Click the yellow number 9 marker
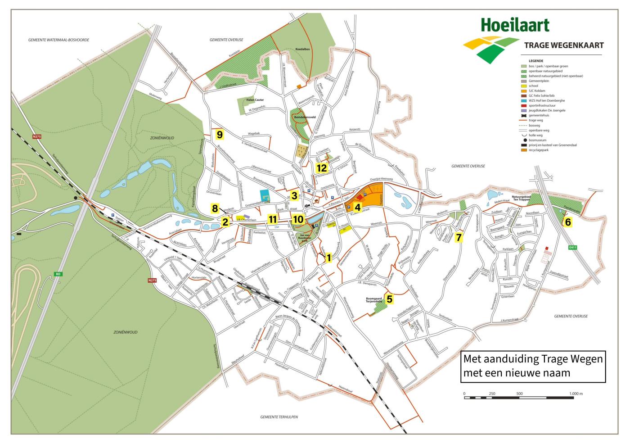[220, 134]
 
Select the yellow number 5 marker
[390, 298]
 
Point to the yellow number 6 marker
[568, 222]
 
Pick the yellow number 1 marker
[328, 258]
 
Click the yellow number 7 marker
[459, 237]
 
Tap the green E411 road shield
[572, 247]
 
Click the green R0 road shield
[58, 274]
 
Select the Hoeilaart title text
[515, 24]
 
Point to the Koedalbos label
[304, 49]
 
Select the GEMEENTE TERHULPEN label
[279, 417]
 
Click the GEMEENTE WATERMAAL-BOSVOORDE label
[58, 40]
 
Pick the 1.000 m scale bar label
[576, 394]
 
